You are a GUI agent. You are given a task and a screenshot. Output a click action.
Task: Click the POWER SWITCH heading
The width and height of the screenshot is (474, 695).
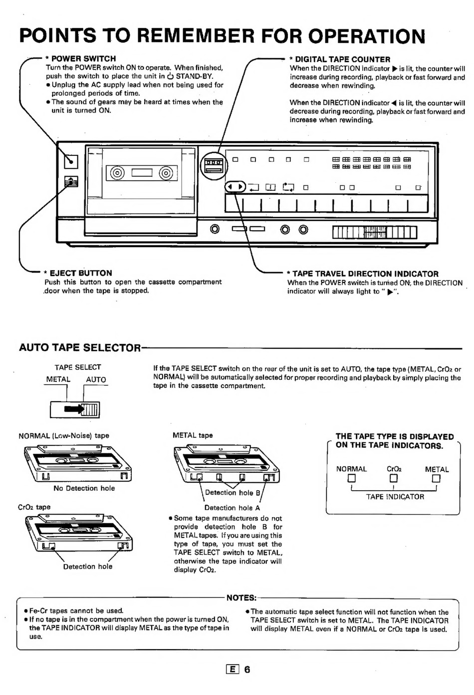[x=83, y=58]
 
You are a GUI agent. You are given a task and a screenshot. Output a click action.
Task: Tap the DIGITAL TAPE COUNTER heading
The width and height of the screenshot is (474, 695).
[x=342, y=59]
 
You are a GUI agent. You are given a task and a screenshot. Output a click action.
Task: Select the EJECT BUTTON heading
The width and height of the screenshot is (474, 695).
[x=81, y=273]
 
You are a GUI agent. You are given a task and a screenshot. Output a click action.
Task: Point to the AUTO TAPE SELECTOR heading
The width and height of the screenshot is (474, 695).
[x=80, y=348]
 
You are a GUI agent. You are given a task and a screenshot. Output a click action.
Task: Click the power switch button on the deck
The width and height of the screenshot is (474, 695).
[x=71, y=161]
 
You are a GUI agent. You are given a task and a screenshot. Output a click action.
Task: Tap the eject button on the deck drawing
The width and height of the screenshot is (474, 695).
[x=71, y=181]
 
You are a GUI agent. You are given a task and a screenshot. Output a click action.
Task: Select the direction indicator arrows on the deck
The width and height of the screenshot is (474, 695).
[x=236, y=187]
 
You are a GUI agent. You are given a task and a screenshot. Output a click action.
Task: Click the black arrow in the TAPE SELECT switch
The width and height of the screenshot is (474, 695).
[x=74, y=409]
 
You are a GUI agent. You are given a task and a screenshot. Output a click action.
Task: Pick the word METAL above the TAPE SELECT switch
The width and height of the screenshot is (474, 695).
[x=58, y=379]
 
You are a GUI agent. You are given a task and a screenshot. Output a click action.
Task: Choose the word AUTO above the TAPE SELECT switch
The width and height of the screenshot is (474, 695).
[x=96, y=380]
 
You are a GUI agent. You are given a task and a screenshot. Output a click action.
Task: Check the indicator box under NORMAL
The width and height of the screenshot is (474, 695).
[x=351, y=478]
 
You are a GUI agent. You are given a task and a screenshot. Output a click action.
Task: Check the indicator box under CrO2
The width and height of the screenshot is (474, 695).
[x=394, y=478]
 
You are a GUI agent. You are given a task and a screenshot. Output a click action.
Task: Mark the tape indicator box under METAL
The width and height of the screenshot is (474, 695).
[x=436, y=478]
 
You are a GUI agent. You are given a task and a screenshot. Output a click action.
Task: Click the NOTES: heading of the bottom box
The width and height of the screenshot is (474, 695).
[x=241, y=597]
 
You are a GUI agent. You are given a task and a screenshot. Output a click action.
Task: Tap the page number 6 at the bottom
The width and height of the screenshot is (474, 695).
[x=247, y=670]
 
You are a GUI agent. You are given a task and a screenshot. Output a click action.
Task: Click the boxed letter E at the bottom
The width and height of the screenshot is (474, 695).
[x=233, y=670]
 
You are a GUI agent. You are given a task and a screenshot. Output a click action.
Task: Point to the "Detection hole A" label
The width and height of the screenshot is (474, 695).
[x=232, y=508]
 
